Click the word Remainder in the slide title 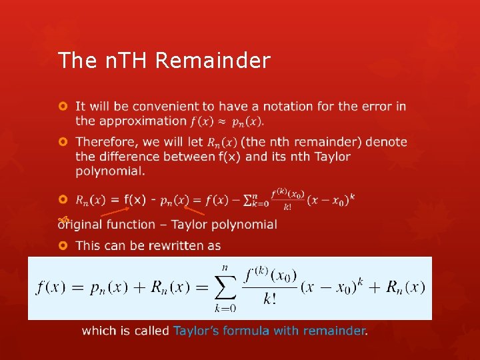coord(213,61)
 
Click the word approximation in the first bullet coord(141,121)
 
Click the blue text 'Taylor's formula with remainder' coord(269,331)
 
